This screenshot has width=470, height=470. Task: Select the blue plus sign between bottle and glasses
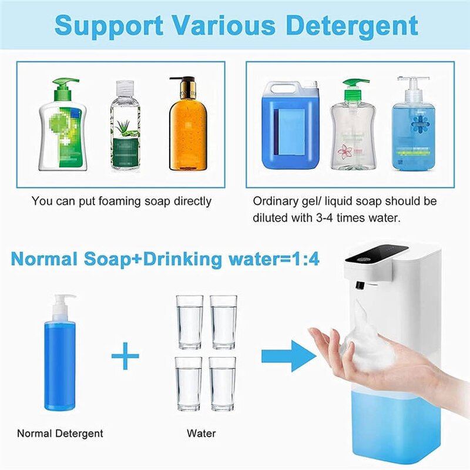coord(125,357)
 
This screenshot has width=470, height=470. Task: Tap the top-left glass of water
coord(190,322)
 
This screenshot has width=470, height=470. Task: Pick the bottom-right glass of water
coord(223,384)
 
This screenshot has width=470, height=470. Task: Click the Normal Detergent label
coord(60,434)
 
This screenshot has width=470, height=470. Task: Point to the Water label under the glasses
coord(201,434)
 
